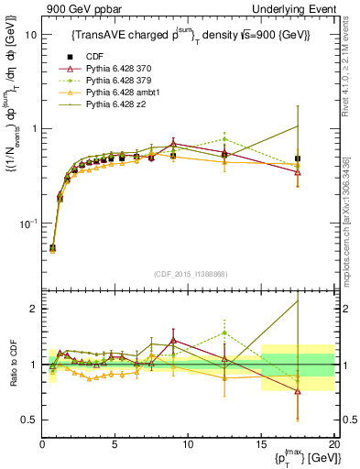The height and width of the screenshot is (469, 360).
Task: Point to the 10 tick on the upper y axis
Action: point(29,34)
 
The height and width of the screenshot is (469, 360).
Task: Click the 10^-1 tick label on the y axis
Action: point(27,224)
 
